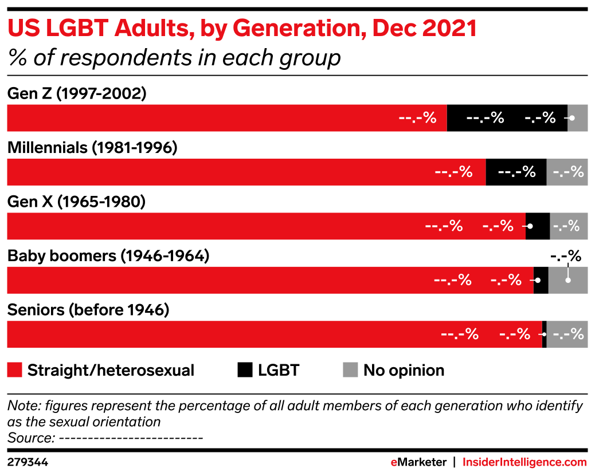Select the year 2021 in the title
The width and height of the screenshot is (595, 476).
click(x=449, y=28)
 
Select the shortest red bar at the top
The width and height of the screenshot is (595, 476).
click(x=226, y=118)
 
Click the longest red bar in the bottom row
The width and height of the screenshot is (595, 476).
click(x=274, y=335)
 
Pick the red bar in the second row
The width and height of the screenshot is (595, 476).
click(x=246, y=172)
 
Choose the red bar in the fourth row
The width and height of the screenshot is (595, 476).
click(x=270, y=280)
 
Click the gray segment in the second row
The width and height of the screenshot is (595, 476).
click(x=567, y=172)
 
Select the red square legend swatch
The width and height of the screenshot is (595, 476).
click(x=14, y=370)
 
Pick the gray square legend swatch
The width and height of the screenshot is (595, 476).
click(x=350, y=370)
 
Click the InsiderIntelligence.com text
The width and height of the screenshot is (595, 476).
click(x=524, y=462)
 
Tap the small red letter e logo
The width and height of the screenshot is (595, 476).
click(x=394, y=462)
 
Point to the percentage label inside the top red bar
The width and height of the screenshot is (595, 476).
click(x=417, y=118)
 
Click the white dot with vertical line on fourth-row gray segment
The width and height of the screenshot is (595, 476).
click(x=568, y=280)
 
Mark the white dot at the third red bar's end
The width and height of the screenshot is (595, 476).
click(x=530, y=226)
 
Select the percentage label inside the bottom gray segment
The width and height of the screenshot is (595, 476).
click(x=568, y=334)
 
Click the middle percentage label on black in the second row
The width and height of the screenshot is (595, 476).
click(x=516, y=172)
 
